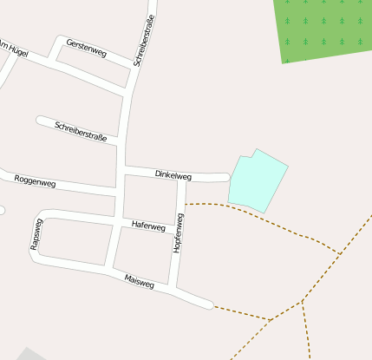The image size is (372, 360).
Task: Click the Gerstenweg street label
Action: point(86,49)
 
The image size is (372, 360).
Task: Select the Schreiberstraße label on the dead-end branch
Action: point(81,131)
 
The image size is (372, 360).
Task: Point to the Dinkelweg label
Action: point(173,175)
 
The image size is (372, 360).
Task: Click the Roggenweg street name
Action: point(35,182)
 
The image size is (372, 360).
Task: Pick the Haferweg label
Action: point(147,226)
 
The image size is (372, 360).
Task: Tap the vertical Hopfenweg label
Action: point(179,233)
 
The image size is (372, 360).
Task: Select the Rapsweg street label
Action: point(36,235)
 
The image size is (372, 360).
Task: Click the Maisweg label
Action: point(139,281)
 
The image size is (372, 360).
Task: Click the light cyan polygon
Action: point(257,183)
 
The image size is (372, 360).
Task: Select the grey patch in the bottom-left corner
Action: point(26,355)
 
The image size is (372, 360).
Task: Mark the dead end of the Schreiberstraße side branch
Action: point(39,119)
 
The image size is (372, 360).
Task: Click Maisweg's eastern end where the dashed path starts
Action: point(211,304)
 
